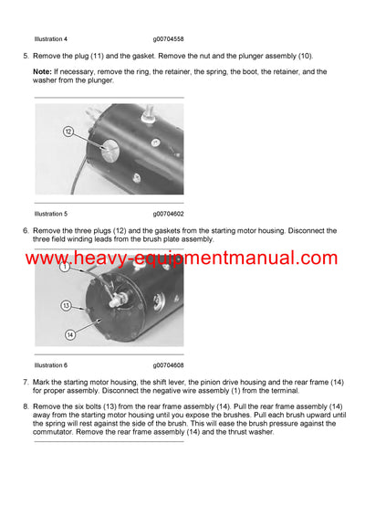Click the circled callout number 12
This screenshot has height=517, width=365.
(x=68, y=132)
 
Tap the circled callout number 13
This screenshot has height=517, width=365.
(x=66, y=305)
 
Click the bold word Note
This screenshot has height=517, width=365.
(x=42, y=71)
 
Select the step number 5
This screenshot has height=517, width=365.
(x=25, y=56)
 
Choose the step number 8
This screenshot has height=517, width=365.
(x=25, y=405)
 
